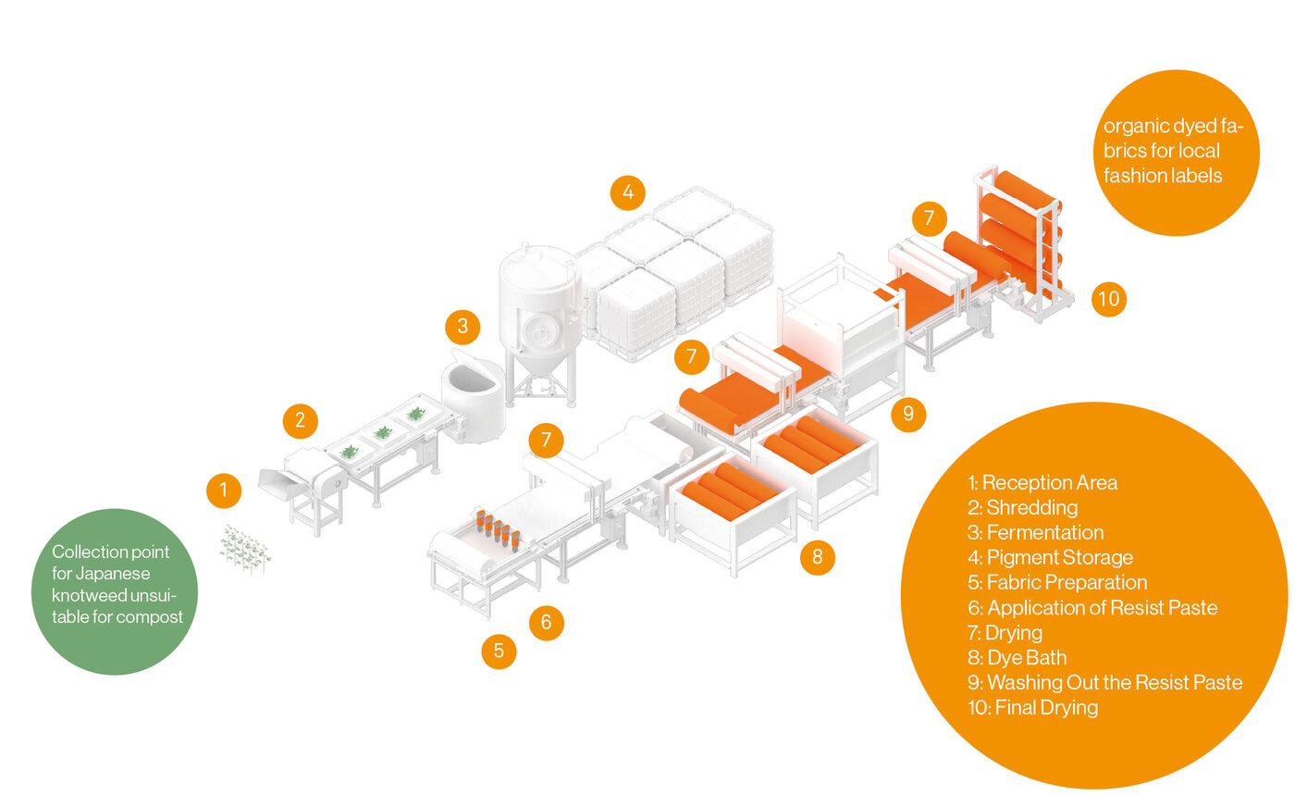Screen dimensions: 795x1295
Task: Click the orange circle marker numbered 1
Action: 224,491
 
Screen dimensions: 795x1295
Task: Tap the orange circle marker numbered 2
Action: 301,421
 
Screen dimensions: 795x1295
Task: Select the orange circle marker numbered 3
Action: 462,326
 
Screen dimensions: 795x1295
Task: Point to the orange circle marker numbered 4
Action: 628,193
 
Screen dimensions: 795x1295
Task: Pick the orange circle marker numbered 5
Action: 499,651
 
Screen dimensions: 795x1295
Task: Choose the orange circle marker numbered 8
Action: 817,557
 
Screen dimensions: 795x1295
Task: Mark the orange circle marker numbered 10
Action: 1109,299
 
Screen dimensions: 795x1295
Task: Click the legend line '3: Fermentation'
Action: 1035,532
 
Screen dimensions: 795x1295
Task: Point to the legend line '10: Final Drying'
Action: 1032,708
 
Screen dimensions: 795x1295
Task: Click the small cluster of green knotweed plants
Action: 245,548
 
